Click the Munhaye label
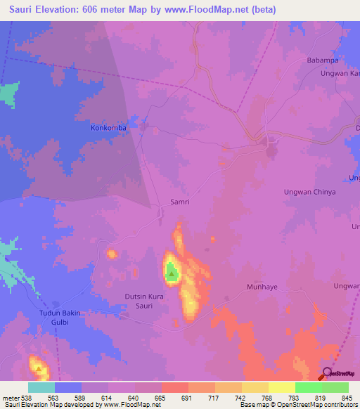point(264,287)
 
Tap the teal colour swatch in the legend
point(41,387)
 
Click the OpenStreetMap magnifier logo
point(328,373)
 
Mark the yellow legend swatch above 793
point(282,387)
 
